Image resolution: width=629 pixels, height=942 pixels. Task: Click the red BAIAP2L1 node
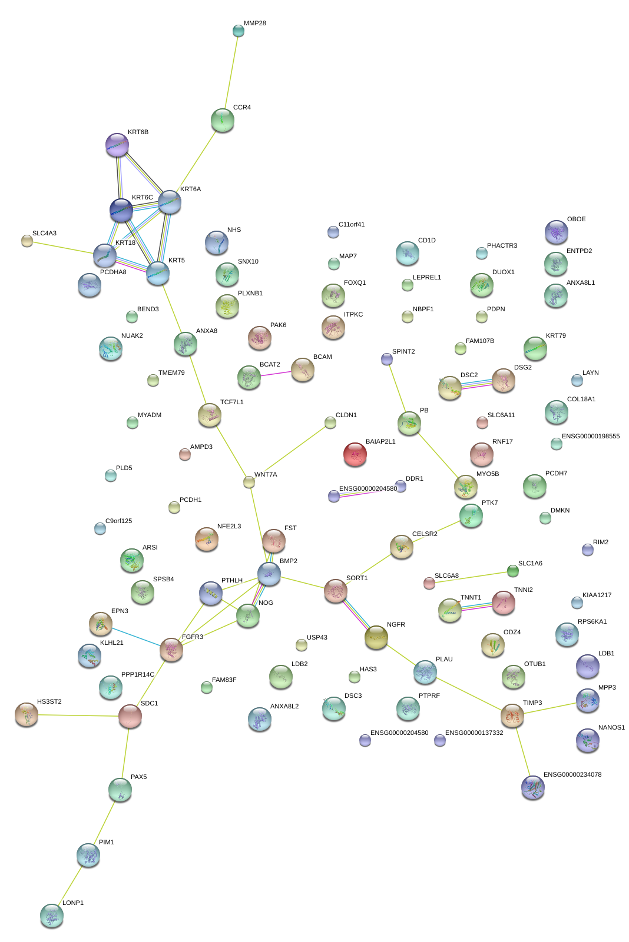355,454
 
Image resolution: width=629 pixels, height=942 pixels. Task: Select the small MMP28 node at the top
238,31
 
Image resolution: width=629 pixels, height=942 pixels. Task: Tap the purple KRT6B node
117,145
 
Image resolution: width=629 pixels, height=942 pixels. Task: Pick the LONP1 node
51,916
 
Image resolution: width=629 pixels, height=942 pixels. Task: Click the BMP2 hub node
269,574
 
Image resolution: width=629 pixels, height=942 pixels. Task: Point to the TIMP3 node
512,715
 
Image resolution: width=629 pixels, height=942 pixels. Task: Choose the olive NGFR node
376,638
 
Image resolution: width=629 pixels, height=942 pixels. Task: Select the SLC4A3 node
27,240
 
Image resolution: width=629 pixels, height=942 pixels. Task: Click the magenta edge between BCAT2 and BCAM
276,374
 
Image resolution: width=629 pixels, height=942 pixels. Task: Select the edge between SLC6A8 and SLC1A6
471,577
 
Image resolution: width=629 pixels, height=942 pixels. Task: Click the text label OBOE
576,219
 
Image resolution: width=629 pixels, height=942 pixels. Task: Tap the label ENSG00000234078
572,775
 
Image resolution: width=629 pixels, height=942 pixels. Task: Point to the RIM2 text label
600,542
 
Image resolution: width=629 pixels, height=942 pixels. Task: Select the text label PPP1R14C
137,675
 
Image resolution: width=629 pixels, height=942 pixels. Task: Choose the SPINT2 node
386,358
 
